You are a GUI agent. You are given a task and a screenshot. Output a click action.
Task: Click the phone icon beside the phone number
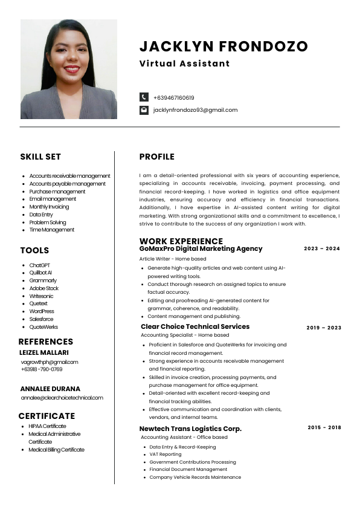[x=144, y=97]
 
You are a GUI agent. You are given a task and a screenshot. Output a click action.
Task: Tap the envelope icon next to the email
[x=144, y=110]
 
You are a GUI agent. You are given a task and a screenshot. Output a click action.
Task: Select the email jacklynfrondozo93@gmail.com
[x=195, y=110]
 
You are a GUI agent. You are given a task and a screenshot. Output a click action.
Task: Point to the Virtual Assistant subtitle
[x=184, y=63]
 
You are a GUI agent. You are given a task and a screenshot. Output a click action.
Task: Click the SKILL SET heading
[x=40, y=157]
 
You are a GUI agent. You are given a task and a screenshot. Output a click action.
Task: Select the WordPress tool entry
[x=42, y=311]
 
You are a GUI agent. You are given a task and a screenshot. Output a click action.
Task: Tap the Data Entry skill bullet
[x=41, y=215]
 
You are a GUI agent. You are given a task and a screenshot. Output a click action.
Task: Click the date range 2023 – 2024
[x=322, y=248]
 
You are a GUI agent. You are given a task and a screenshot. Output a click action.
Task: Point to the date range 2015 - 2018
[x=324, y=427]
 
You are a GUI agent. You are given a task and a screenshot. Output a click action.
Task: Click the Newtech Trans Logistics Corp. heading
[x=190, y=429]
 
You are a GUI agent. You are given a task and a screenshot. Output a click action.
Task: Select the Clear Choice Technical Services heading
[x=194, y=326]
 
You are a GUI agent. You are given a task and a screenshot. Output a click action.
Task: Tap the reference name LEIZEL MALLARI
[x=44, y=352]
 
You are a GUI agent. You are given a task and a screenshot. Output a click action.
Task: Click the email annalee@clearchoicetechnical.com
[x=62, y=398]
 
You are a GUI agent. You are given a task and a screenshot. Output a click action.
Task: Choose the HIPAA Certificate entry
[x=48, y=426]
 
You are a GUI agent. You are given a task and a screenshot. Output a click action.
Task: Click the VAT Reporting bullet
[x=165, y=455]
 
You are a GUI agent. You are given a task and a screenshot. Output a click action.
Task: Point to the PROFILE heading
[x=156, y=157]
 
